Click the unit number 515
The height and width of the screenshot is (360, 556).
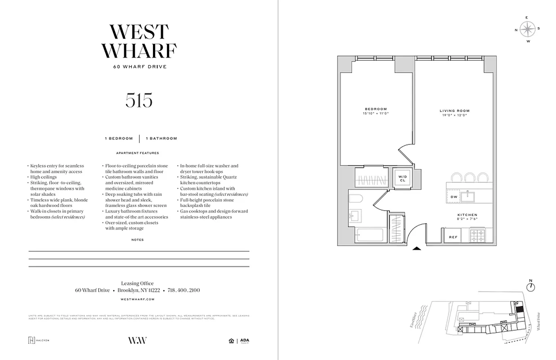click(139, 100)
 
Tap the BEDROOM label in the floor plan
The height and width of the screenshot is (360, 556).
click(376, 109)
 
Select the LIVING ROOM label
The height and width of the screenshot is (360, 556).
click(454, 111)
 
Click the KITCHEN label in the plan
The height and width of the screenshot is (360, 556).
click(467, 215)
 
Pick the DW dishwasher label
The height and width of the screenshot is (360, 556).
click(454, 197)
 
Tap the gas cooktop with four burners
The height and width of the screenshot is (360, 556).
click(477, 235)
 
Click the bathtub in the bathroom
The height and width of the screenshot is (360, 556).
click(369, 235)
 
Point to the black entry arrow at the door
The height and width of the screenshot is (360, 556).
click(417, 247)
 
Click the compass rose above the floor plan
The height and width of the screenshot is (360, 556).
click(527, 29)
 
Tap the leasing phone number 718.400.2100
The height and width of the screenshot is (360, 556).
click(184, 290)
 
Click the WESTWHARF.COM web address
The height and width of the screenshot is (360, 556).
click(138, 299)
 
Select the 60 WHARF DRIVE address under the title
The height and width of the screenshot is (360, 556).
click(140, 67)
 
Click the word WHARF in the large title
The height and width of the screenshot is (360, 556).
click(139, 50)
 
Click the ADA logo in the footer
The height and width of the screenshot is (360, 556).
click(244, 341)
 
